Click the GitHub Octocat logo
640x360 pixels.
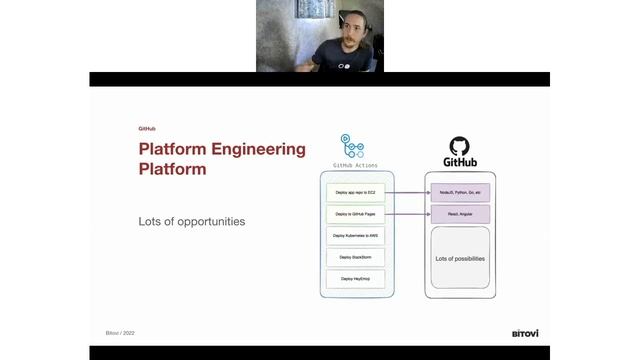(x=459, y=146)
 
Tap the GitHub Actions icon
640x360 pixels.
(x=352, y=145)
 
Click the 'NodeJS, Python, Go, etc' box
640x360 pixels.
(x=460, y=191)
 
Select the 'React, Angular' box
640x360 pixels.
(x=460, y=214)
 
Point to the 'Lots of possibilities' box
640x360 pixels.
(x=460, y=258)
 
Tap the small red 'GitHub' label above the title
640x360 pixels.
(x=147, y=129)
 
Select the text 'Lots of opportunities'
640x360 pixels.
(x=191, y=220)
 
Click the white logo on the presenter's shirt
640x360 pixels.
(x=343, y=62)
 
